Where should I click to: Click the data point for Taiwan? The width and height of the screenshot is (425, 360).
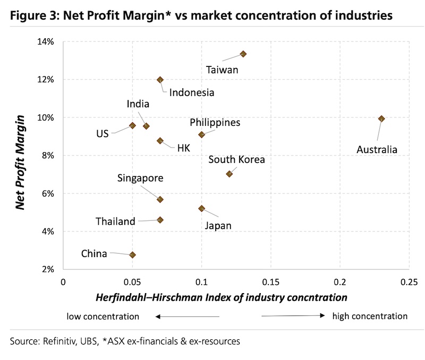(243, 54)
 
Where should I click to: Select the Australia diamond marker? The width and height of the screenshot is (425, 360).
(381, 119)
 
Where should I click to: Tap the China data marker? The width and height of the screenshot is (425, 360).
(133, 255)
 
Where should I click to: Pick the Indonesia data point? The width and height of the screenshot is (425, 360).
(160, 80)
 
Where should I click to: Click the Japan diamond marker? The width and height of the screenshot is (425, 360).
(202, 208)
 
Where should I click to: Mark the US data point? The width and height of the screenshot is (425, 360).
(133, 125)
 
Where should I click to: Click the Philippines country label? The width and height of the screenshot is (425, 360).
(215, 123)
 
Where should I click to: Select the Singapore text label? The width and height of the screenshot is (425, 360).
(140, 178)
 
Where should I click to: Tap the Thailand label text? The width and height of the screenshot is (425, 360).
(115, 221)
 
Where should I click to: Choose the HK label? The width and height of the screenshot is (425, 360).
(184, 148)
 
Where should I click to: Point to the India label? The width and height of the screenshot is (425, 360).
(138, 105)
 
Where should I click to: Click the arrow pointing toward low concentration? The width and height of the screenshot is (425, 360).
(186, 316)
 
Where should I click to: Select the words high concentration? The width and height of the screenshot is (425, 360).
(370, 316)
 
